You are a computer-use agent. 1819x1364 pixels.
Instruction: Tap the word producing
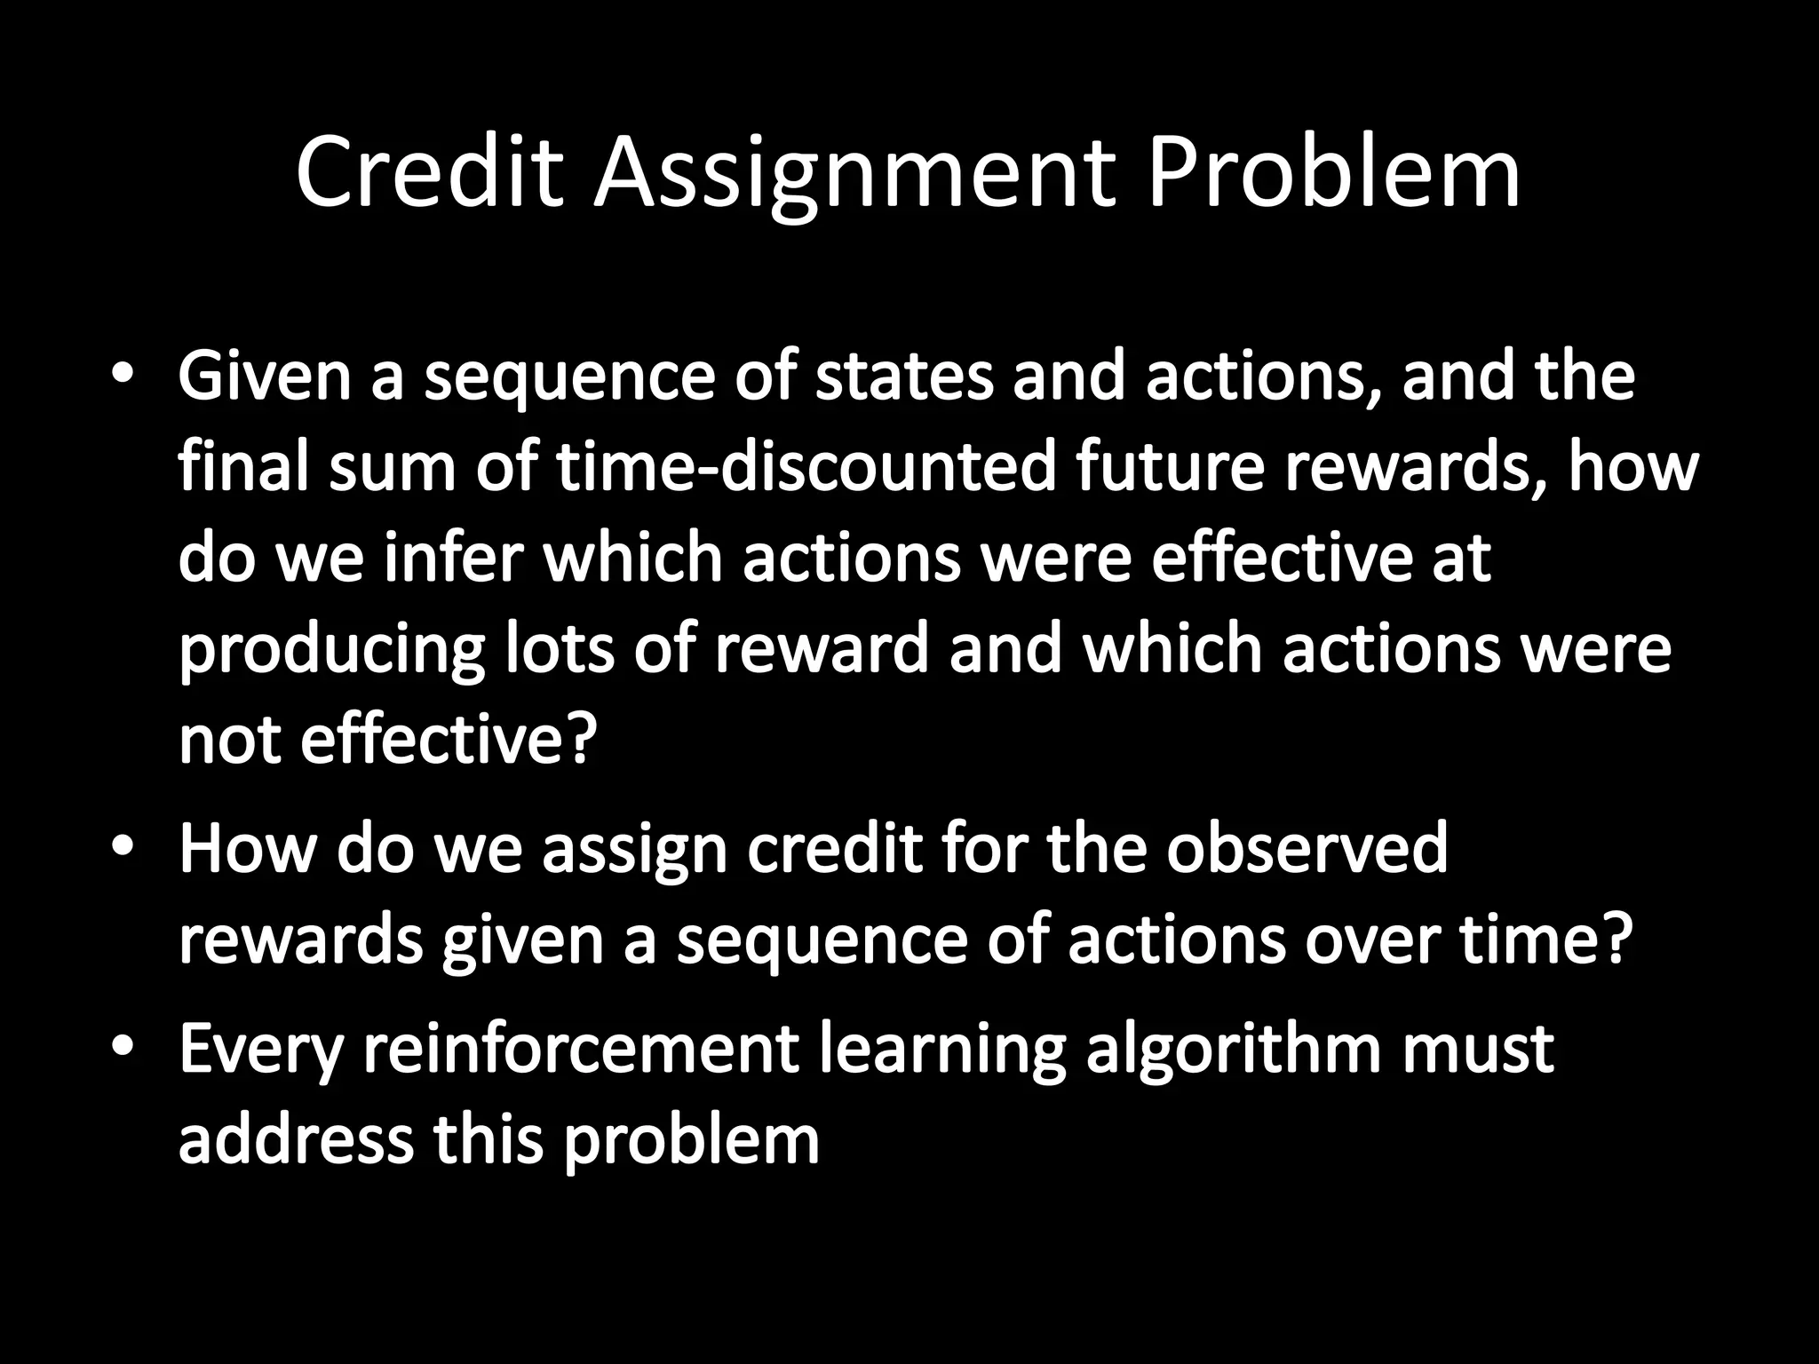coord(331,651)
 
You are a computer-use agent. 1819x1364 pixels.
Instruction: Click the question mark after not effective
coord(574,741)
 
